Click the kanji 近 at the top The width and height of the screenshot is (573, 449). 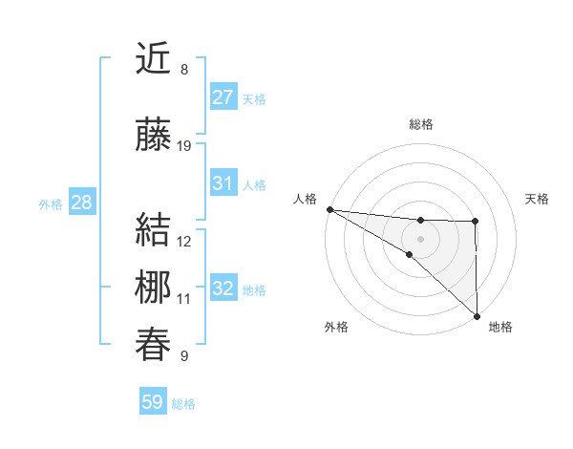(x=155, y=59)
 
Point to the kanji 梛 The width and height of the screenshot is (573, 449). (x=155, y=287)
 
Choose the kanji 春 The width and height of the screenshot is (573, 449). (x=155, y=344)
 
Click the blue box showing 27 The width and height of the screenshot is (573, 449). (x=223, y=97)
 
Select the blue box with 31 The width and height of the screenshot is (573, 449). (x=223, y=183)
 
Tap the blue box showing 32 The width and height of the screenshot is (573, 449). (x=223, y=289)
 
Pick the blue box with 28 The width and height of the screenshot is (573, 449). (x=81, y=203)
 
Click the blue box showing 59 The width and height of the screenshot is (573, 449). (x=153, y=402)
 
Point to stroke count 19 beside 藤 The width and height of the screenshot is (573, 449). (x=184, y=146)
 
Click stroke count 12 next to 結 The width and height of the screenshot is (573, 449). (x=184, y=242)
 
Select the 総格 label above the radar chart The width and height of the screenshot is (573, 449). (x=420, y=124)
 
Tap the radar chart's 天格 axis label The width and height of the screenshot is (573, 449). (x=538, y=199)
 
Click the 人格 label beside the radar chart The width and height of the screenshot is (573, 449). (x=306, y=199)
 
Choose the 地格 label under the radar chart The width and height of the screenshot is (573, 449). (x=500, y=327)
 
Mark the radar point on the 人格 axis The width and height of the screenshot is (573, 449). (x=329, y=208)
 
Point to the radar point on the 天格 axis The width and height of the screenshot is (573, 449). (x=476, y=222)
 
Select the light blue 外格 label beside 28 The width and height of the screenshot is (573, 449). (x=51, y=203)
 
